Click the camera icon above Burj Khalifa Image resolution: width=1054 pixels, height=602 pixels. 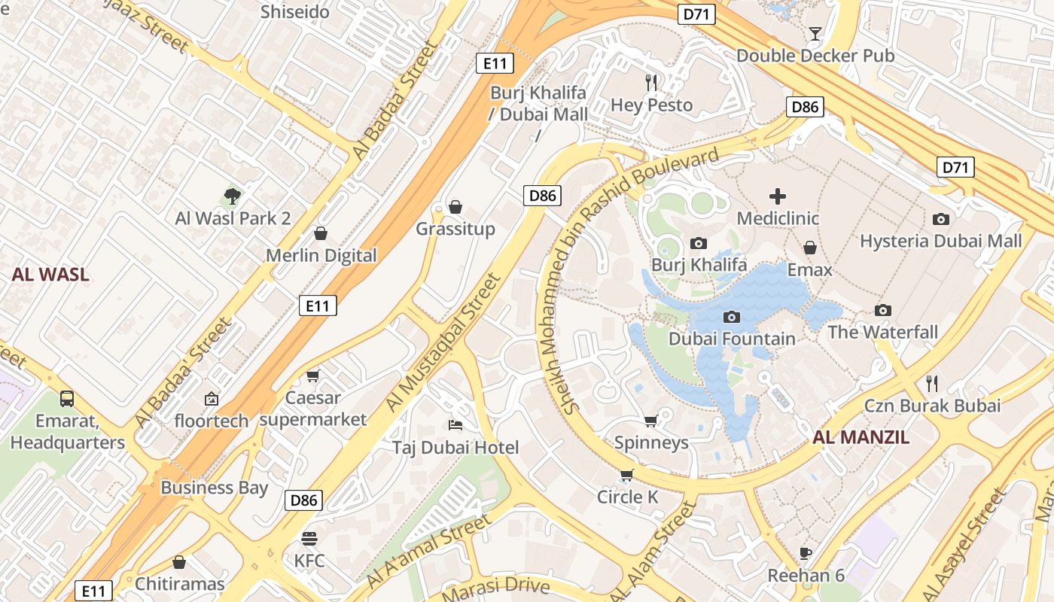pos(699,243)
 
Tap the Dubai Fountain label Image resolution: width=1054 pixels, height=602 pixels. pos(732,339)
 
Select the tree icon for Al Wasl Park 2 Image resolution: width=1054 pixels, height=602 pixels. pos(233,196)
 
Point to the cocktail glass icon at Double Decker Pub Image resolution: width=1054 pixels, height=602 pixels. pos(815,33)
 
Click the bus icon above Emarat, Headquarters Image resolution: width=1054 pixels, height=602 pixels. pos(67,398)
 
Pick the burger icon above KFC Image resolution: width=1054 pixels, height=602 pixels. pos(309,539)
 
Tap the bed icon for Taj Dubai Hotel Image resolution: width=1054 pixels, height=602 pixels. pos(455,425)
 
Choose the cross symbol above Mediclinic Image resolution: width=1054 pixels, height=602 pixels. pos(777,196)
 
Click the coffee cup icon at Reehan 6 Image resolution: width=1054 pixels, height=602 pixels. pos(806,554)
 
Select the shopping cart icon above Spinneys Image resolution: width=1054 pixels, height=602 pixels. pos(651,421)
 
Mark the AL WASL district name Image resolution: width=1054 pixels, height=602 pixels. pos(50,275)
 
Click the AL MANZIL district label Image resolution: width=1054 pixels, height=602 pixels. pos(861,437)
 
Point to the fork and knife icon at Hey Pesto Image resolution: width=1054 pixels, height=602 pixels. pos(651,82)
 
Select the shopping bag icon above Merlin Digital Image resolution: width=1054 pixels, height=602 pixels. pos(321,233)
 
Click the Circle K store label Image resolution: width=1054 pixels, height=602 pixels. pos(627,497)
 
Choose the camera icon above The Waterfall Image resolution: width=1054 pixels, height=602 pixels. pos(883,310)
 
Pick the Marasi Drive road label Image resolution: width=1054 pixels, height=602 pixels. pos(496,589)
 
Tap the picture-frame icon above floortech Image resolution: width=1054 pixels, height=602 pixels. pos(212,399)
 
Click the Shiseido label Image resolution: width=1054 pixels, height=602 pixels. pos(295,12)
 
